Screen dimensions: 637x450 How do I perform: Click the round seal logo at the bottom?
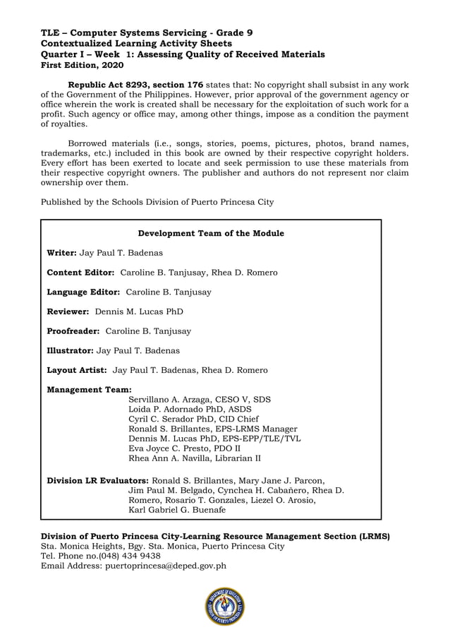pos(225,606)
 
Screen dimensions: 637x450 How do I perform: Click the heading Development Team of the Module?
pos(211,233)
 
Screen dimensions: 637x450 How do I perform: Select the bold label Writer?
pos(62,252)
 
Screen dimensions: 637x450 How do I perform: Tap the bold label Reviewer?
pos(68,311)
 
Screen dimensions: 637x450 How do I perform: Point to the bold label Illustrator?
pos(70,350)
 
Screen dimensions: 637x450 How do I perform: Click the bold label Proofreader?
pos(73,331)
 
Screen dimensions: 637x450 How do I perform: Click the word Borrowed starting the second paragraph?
pos(89,143)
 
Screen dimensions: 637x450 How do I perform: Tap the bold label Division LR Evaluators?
pos(98,480)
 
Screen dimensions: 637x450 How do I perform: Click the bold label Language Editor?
pos(83,292)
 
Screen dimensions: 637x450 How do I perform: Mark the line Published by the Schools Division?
pos(157,202)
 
